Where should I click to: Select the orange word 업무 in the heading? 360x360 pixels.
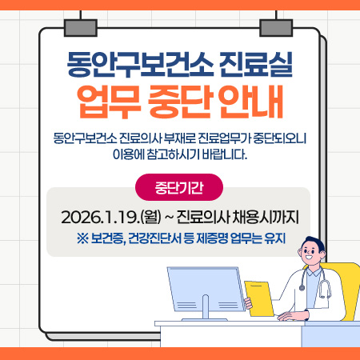[107, 102]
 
